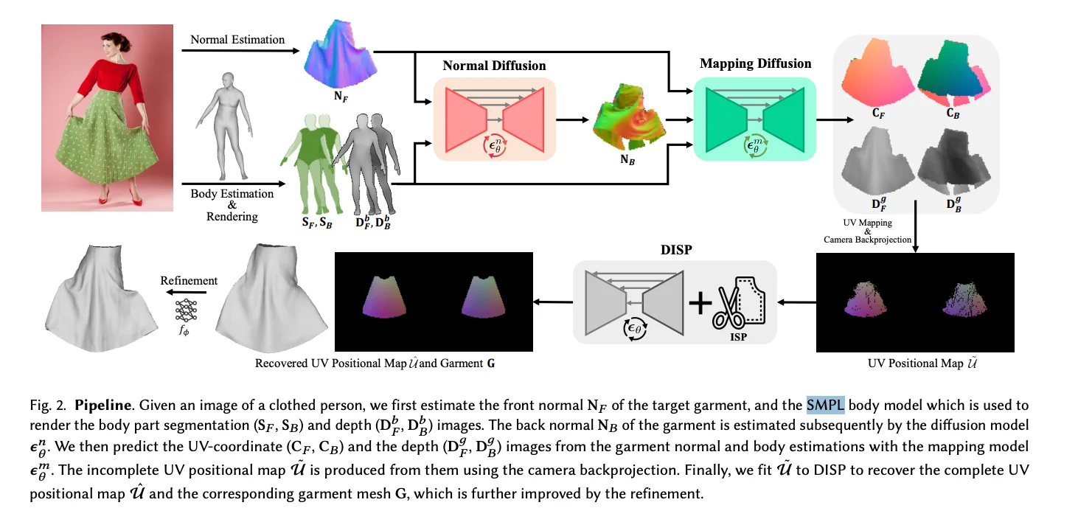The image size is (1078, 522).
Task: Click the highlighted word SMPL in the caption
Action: [x=825, y=405]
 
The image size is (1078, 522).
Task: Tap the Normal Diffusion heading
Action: [x=494, y=66]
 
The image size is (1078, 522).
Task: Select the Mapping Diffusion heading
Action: [x=755, y=63]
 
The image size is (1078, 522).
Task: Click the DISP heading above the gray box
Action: [x=676, y=250]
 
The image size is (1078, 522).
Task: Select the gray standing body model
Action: [x=225, y=126]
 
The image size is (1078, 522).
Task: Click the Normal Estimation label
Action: [x=237, y=40]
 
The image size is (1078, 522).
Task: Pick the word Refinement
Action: [x=189, y=280]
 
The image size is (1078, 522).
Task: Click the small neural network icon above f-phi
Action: [x=187, y=310]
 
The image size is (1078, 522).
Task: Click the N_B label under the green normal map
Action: [x=627, y=160]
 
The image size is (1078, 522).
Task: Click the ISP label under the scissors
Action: [x=738, y=337]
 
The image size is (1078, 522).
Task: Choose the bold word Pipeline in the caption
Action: [x=103, y=405]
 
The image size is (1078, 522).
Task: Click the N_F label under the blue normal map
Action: [x=341, y=97]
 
